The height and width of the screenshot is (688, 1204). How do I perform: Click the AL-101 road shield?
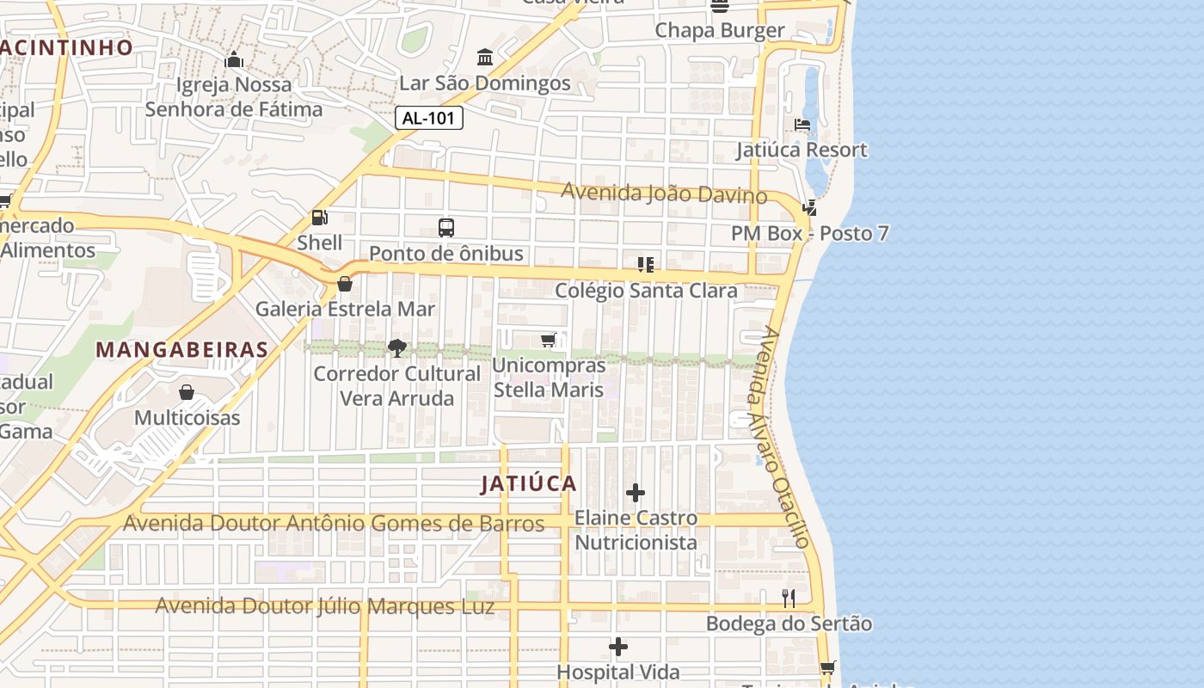click(429, 118)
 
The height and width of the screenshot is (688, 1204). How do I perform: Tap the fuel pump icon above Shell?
click(319, 218)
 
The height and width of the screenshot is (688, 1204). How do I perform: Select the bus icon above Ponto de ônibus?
click(445, 228)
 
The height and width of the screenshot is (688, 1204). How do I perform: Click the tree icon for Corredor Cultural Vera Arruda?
click(396, 348)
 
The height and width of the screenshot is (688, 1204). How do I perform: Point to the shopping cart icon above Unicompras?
click(549, 341)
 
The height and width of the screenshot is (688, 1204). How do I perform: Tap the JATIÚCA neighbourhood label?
click(528, 483)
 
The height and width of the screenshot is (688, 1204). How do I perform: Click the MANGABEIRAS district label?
click(181, 350)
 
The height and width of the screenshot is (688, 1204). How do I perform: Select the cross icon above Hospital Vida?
click(617, 647)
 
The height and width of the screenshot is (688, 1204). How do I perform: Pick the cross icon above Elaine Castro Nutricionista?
click(636, 493)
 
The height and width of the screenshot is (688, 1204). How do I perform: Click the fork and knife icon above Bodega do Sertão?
click(789, 598)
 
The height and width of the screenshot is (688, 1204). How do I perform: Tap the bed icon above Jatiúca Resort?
click(802, 125)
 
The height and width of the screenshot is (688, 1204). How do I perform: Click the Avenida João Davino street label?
click(664, 193)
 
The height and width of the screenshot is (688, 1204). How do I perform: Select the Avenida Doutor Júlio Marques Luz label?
click(324, 606)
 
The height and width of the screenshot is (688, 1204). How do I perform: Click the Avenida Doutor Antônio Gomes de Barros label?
click(334, 523)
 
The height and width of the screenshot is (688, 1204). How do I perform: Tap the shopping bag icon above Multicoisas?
click(187, 393)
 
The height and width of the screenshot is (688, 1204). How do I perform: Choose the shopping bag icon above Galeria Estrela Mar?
click(345, 283)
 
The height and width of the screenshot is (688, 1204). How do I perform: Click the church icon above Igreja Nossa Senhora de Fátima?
click(233, 60)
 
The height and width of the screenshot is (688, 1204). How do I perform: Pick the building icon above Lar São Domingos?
click(484, 58)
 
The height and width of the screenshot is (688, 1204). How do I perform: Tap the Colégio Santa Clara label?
click(646, 291)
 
